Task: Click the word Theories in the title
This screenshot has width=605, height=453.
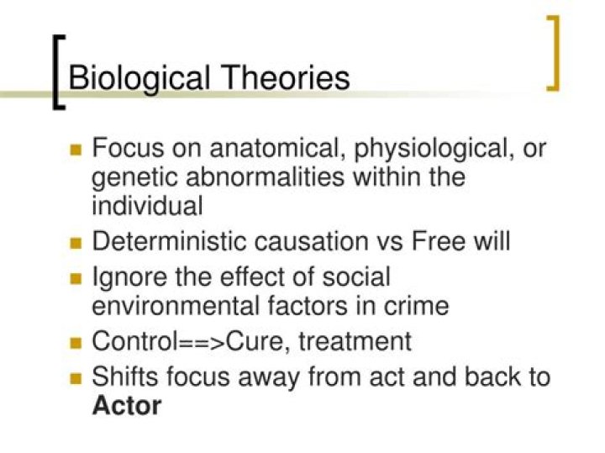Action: [x=287, y=78]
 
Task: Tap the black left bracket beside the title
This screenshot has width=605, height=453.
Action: [x=56, y=71]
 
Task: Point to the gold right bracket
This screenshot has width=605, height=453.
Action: [x=554, y=52]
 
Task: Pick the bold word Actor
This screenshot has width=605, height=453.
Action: [x=126, y=405]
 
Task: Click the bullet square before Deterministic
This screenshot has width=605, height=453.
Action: [x=76, y=243]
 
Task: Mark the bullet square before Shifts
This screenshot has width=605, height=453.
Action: [x=76, y=378]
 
